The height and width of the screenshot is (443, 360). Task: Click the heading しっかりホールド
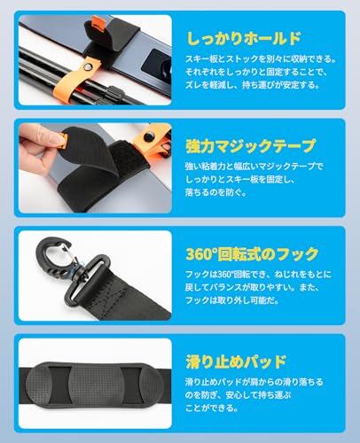(x=244, y=38)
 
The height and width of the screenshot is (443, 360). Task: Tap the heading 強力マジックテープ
(x=251, y=146)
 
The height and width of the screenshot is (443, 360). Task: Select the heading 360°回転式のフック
(x=252, y=254)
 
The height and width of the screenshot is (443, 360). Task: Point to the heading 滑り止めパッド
(x=237, y=361)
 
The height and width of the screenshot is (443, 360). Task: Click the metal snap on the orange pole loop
(x=87, y=67)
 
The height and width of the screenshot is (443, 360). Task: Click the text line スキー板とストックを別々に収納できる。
(x=261, y=59)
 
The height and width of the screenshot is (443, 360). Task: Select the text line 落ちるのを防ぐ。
(x=215, y=192)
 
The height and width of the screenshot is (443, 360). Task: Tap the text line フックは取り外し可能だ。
(x=232, y=300)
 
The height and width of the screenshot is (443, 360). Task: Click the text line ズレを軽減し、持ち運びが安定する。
(x=253, y=85)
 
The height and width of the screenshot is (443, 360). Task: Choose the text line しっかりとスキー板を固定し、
(x=239, y=179)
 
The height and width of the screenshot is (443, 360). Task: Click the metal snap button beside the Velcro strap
(x=148, y=136)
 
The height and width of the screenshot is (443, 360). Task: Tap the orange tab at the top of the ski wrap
(x=98, y=23)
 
